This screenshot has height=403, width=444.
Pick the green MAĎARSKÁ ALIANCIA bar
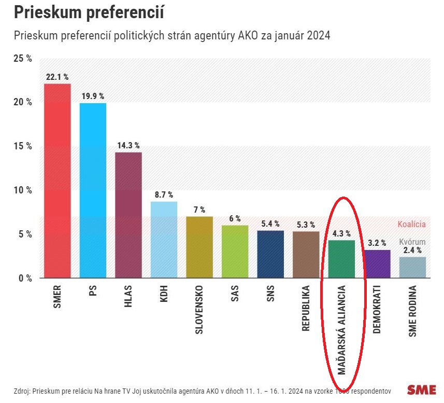tap(341, 259)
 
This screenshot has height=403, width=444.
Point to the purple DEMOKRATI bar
tap(377, 264)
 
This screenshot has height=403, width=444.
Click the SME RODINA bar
tap(412, 268)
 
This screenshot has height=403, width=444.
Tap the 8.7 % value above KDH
tap(163, 194)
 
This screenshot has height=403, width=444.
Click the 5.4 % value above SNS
tap(270, 224)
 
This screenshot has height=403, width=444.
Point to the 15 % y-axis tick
tap(22, 146)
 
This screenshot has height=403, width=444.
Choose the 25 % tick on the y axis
tap(22, 59)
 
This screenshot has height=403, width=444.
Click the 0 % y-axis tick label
tap(24, 278)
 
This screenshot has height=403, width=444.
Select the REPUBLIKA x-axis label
tap(306, 309)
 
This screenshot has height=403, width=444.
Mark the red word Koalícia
tap(411, 225)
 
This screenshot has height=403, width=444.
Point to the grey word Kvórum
tap(412, 242)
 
